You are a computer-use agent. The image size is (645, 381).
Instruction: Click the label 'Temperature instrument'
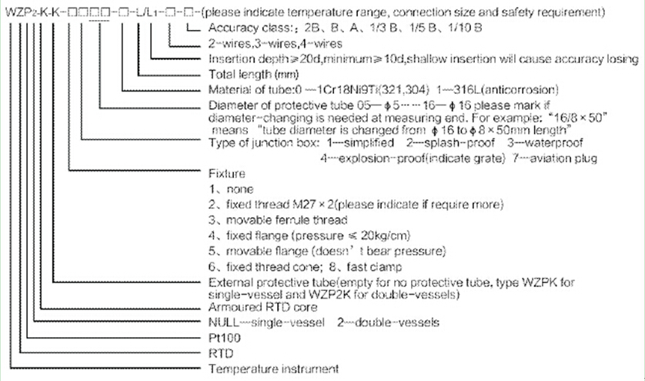(272, 370)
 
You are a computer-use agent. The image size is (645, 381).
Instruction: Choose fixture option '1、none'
(230, 189)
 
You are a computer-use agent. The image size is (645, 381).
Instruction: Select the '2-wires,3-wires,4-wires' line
(264, 43)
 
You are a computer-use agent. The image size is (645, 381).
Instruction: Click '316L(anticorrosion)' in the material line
(493, 90)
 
